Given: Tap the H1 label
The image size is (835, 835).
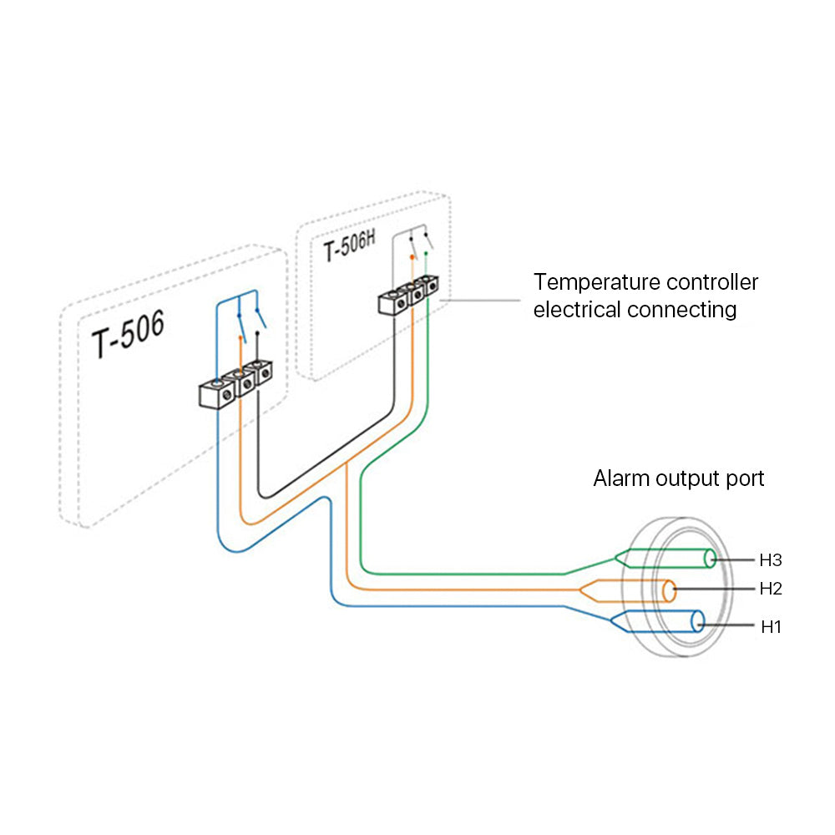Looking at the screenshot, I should [771, 625].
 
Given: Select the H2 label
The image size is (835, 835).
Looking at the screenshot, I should [771, 589].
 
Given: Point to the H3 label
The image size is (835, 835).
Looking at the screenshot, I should [771, 559].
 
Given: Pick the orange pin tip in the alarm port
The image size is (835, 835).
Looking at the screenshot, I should [670, 590].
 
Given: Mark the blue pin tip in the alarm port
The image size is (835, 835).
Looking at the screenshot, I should [697, 622].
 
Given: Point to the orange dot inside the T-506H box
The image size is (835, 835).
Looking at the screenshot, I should [412, 257].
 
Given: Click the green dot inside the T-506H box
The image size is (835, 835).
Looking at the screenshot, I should [427, 252].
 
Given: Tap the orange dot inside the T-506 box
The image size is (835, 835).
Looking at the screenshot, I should [241, 338].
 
